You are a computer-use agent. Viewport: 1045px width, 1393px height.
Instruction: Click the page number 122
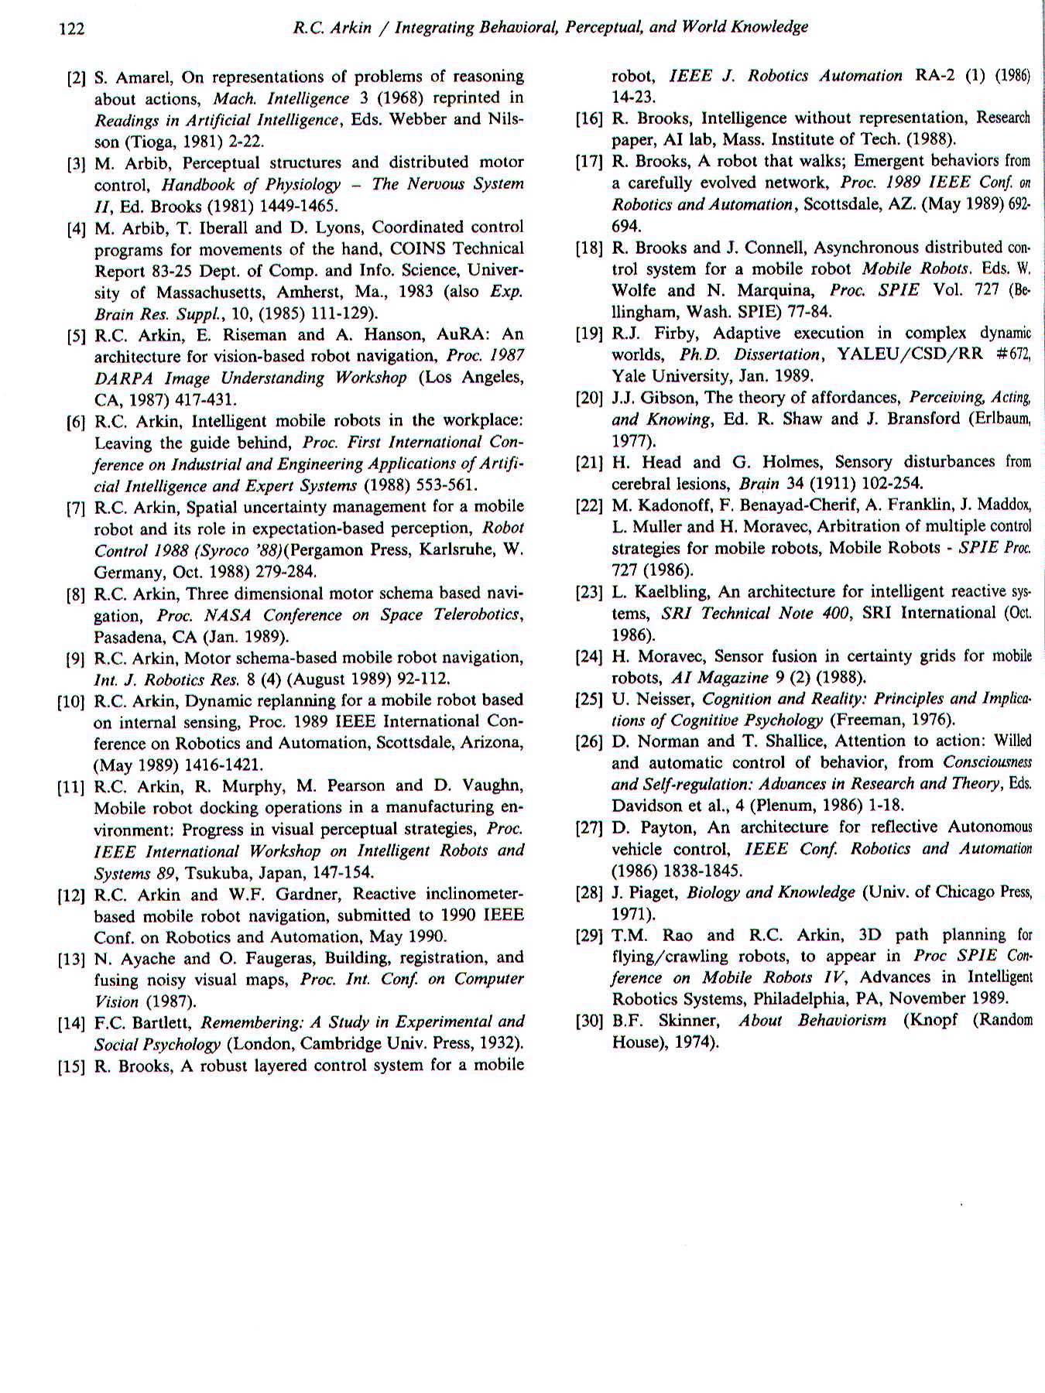coord(71,29)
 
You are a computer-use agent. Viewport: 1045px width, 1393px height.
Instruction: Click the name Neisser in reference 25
coord(665,699)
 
